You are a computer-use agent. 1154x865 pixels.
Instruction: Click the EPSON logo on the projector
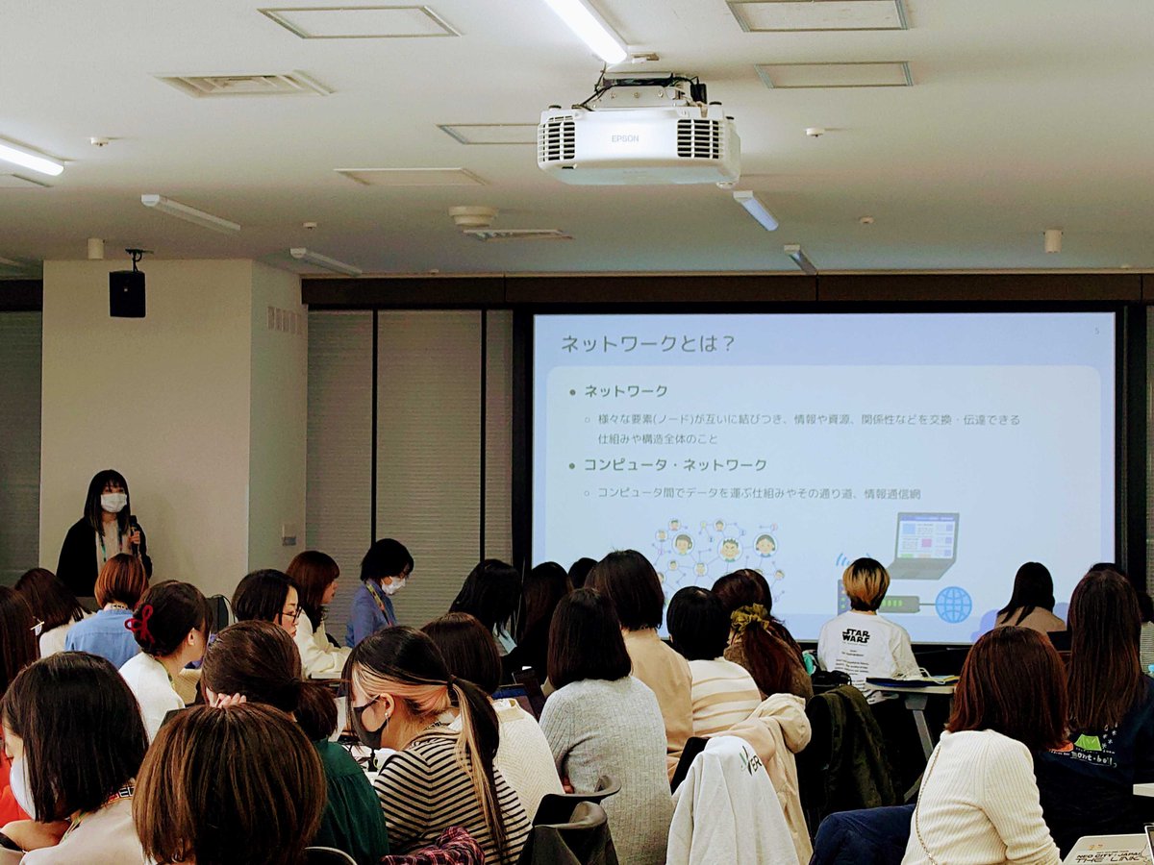click(x=624, y=138)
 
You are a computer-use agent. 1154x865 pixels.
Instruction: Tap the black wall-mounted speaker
click(x=127, y=292)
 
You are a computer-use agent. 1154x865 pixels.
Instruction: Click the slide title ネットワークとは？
click(x=646, y=343)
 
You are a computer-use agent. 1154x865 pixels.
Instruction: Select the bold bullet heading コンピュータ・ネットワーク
click(x=675, y=464)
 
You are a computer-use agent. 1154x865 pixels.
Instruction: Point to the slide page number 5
click(x=1096, y=332)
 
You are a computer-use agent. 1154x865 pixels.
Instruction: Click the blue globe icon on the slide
click(x=952, y=605)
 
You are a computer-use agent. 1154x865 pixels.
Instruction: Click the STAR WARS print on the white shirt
click(x=855, y=635)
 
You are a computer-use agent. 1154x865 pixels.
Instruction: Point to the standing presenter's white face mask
click(x=113, y=502)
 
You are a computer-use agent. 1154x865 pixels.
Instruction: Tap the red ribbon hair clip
click(x=139, y=624)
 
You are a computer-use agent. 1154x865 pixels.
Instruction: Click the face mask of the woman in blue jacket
click(x=394, y=583)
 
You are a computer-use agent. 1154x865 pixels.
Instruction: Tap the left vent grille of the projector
click(x=558, y=140)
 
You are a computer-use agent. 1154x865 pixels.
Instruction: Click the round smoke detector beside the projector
click(x=472, y=216)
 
